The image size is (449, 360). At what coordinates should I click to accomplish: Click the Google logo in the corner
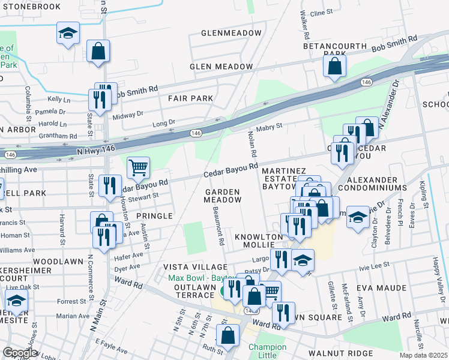pos(19,353)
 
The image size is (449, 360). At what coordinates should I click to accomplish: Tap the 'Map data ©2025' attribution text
pos(424,355)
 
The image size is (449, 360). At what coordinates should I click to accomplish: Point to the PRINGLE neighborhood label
pos(154,215)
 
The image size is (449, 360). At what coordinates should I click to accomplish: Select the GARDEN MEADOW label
pos(223,196)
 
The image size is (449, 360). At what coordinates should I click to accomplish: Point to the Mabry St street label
pos(269,127)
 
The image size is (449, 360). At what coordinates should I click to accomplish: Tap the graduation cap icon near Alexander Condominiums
pos(358,217)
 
